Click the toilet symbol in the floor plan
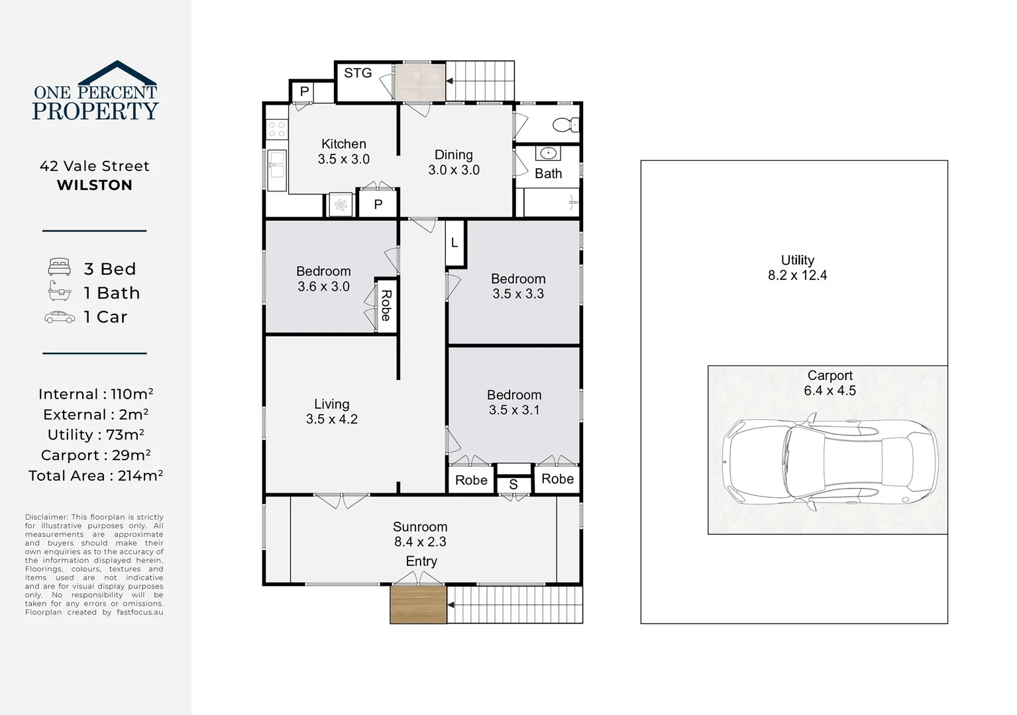566,124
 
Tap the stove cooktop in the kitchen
276,128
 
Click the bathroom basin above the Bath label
548,154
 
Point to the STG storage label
358,73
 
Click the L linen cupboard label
454,243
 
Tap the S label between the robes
513,485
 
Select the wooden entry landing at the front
418,604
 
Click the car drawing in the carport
830,462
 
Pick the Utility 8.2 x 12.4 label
797,267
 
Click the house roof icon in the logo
117,73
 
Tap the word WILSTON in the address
95,185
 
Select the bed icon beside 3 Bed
60,267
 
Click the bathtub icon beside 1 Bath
60,291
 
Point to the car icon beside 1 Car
60,317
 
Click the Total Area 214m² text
95,475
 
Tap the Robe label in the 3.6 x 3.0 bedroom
386,305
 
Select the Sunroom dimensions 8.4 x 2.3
420,542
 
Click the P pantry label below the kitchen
378,205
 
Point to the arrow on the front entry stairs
451,605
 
